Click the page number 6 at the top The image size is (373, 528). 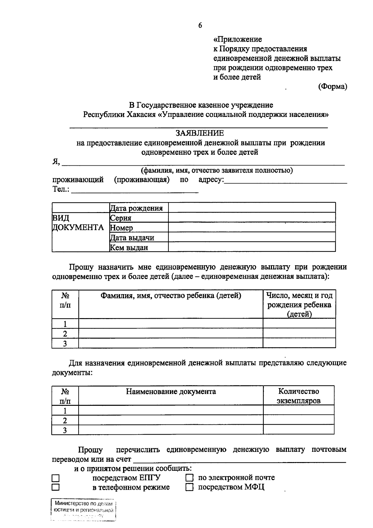[200, 25]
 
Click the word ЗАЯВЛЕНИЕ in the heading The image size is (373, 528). [200, 133]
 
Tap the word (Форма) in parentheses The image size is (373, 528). [332, 86]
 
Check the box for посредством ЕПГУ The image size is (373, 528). [55, 478]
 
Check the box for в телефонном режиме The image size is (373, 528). [55, 487]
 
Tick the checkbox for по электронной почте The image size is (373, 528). [189, 478]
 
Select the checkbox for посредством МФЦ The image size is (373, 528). [189, 487]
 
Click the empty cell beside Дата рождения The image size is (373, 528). [252, 208]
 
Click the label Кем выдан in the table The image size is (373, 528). [129, 248]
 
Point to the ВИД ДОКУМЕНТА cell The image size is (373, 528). [78, 223]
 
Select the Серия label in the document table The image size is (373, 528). [121, 218]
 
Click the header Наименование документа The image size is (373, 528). [171, 391]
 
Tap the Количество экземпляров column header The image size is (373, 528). [298, 396]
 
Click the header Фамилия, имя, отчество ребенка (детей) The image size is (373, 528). [171, 295]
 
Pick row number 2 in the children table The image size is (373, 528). [65, 334]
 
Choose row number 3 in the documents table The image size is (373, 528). [65, 430]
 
